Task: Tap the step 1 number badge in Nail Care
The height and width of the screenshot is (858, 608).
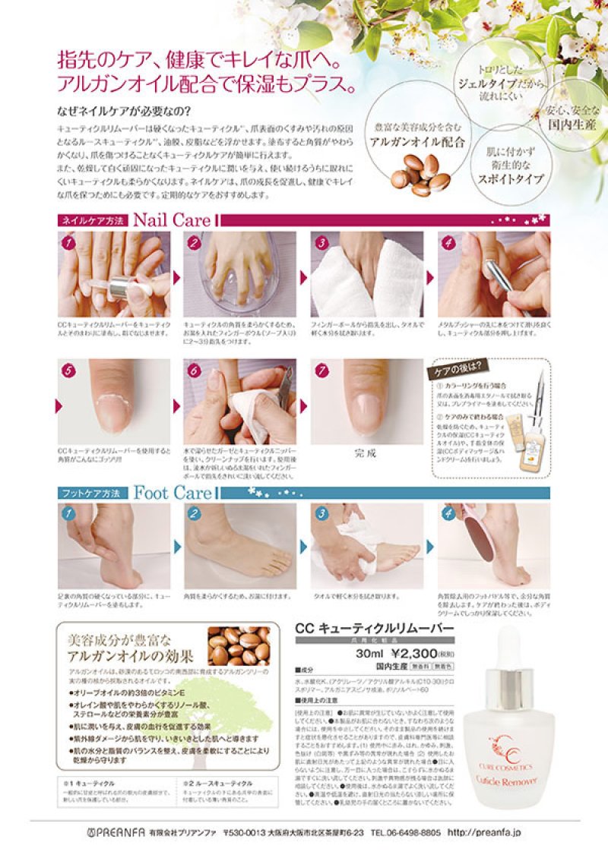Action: tap(68, 243)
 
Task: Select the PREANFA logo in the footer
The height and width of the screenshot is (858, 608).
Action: tap(115, 832)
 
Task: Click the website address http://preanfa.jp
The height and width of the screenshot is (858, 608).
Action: tap(484, 832)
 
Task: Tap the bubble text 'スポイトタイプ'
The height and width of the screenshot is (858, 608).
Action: tap(515, 179)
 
